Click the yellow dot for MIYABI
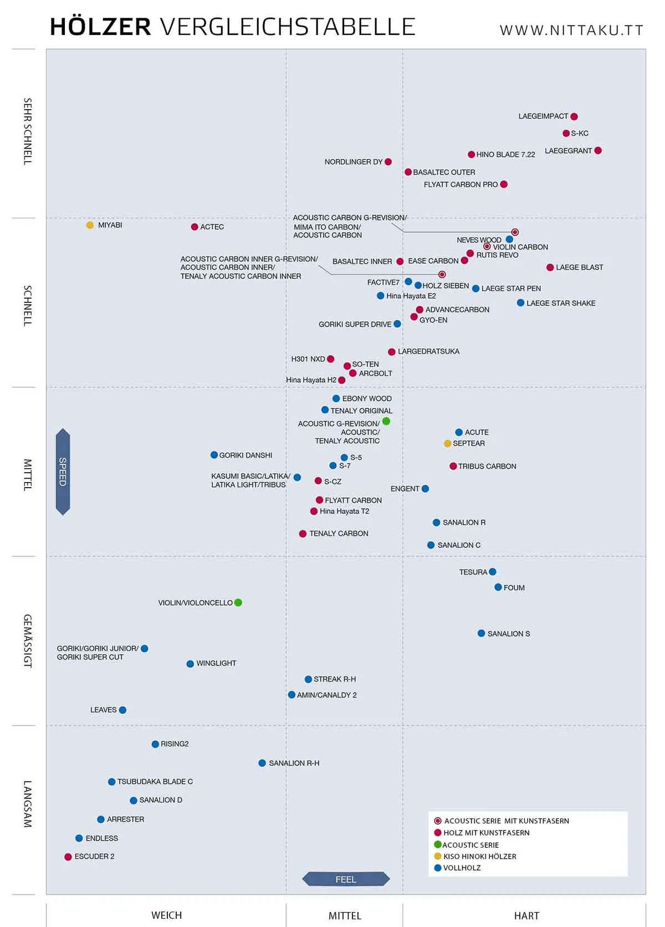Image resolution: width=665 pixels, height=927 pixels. click(90, 225)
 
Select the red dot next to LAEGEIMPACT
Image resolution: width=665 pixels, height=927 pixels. click(574, 117)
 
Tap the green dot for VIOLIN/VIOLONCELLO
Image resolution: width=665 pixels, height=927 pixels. click(238, 602)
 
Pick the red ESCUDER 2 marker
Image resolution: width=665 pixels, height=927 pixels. click(68, 857)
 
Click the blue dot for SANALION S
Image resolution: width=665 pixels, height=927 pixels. click(481, 633)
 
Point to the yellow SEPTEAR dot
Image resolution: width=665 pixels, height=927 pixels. click(447, 444)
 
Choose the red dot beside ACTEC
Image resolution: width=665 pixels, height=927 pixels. click(195, 227)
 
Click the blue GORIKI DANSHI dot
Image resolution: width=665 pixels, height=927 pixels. click(214, 455)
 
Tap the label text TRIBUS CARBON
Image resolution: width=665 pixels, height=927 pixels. click(487, 467)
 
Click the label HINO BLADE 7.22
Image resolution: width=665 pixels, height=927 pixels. click(506, 155)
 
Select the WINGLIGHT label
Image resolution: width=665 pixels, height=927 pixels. click(216, 663)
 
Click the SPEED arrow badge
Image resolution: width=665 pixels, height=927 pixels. click(63, 472)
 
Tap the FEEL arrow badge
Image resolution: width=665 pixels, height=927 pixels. click(346, 879)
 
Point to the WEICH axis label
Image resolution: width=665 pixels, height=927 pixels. click(166, 915)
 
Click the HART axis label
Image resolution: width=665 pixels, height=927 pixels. click(526, 915)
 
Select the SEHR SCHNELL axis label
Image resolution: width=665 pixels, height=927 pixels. click(28, 132)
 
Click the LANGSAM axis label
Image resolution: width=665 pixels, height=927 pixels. click(28, 803)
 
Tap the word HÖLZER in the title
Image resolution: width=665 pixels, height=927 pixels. click(100, 27)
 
